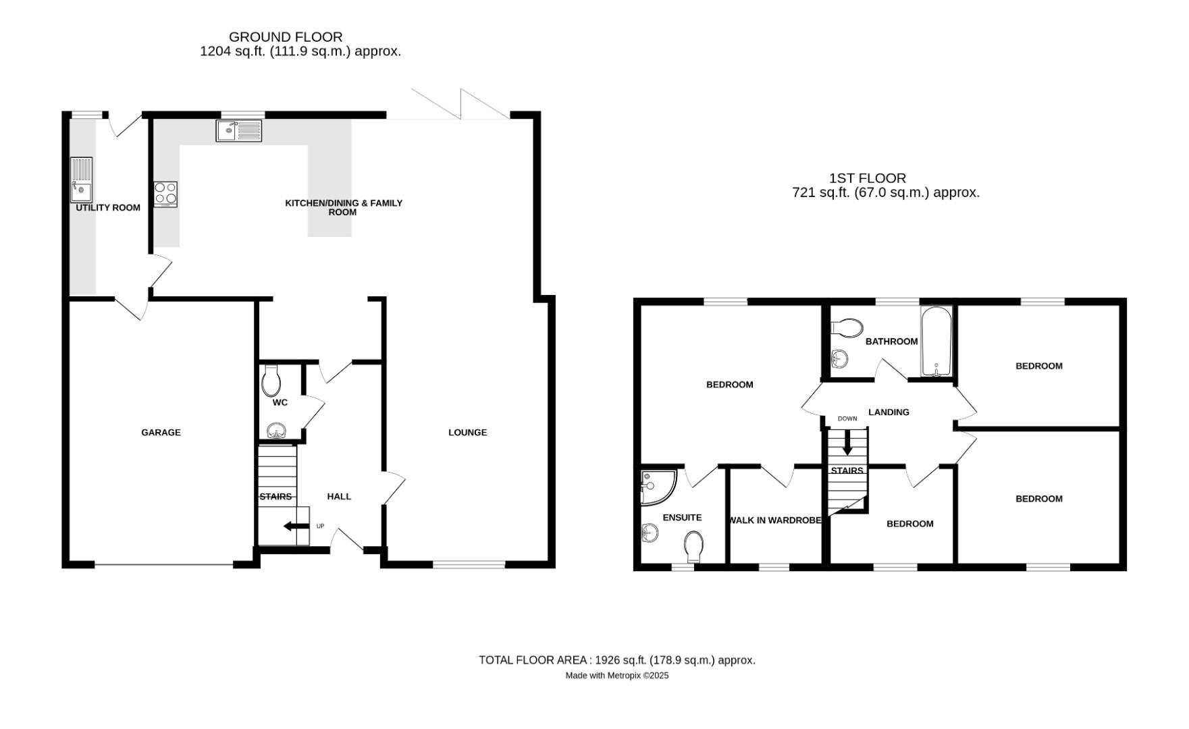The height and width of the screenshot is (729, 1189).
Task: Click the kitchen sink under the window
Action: point(239,130)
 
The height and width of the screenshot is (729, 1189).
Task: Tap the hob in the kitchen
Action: point(165,194)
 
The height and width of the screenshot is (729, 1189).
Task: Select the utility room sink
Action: point(81,180)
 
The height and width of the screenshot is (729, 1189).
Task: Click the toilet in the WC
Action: point(271,382)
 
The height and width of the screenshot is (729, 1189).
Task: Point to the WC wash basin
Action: point(275,431)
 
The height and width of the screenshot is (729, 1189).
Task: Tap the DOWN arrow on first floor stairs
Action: point(847,443)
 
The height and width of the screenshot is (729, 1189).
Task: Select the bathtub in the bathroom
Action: point(936,342)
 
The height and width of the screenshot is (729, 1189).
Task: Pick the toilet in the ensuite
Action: point(693,546)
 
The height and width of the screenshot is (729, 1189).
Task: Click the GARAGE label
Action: point(161,433)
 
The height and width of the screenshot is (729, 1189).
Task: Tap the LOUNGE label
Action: point(467,433)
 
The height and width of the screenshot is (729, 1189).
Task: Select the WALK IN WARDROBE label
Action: point(775,520)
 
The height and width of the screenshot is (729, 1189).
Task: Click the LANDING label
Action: point(889,412)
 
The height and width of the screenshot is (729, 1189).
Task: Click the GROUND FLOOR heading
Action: point(286,37)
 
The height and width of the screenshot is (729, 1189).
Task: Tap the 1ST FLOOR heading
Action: point(868,178)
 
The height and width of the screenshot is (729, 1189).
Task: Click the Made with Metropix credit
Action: point(616,676)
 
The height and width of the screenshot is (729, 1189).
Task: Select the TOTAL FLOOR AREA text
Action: point(616,660)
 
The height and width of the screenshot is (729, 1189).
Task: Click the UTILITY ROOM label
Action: point(108,208)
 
